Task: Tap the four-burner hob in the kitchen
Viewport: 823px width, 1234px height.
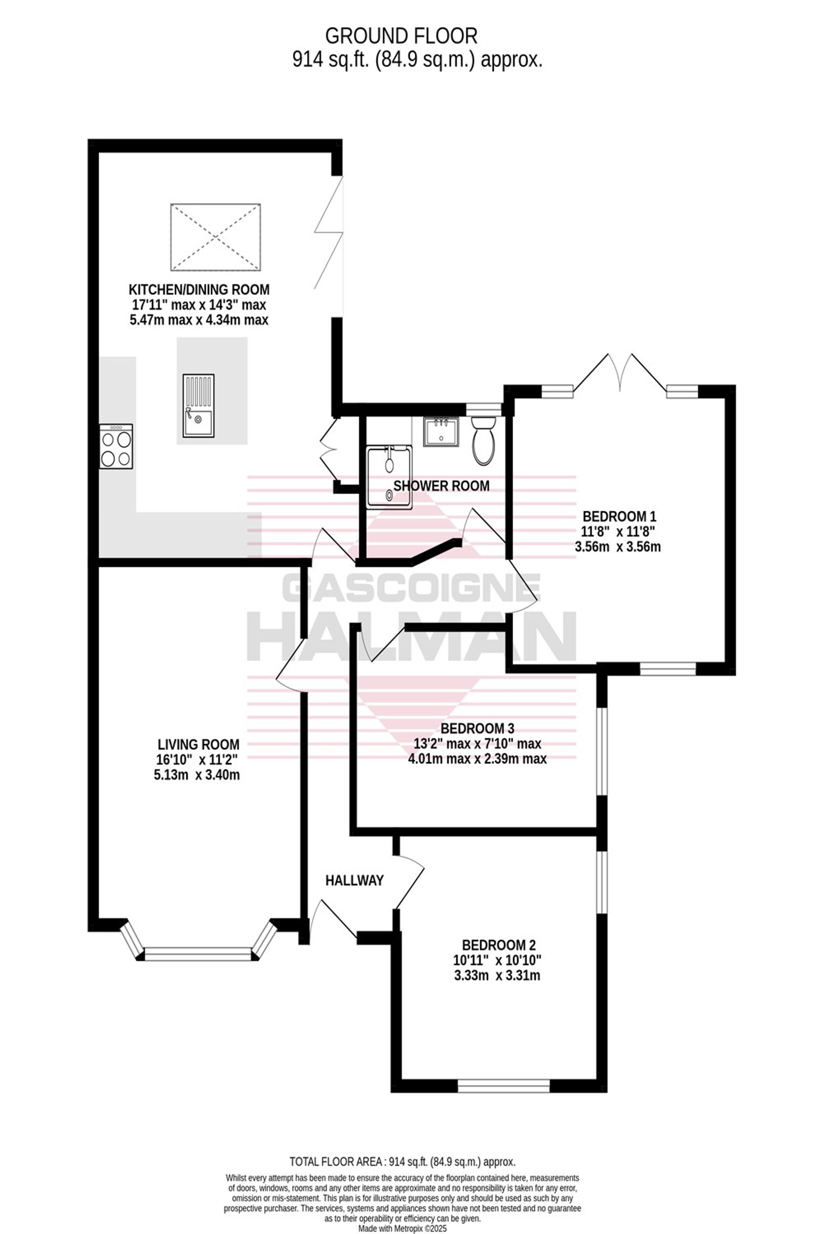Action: [116, 446]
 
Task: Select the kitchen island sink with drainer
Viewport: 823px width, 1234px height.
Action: [198, 406]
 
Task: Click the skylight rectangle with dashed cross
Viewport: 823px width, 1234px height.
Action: [216, 237]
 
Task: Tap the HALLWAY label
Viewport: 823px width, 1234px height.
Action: [354, 880]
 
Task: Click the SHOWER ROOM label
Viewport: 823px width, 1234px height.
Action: [442, 486]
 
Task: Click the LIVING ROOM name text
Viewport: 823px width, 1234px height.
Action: [198, 744]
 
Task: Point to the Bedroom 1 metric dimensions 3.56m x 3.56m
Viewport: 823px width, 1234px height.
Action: [618, 547]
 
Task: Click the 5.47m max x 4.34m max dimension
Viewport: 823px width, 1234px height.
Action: [199, 320]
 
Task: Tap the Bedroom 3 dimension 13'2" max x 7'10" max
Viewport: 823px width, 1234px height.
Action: [478, 743]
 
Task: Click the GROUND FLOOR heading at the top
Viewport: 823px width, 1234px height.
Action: [402, 36]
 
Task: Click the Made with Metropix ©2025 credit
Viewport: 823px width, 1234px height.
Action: [402, 1229]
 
